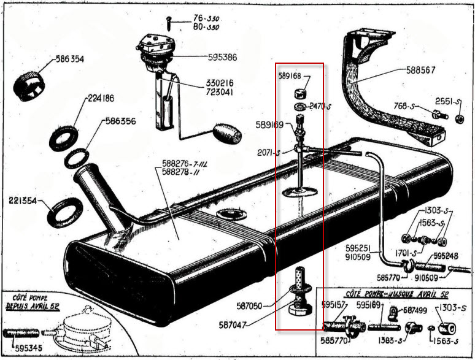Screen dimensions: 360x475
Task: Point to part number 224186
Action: pos(101,98)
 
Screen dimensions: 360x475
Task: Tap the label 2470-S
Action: pos(321,106)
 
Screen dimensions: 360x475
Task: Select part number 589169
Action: pos(269,124)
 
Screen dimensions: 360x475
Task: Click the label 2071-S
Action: pos(269,152)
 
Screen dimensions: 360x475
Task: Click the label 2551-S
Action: pos(449,101)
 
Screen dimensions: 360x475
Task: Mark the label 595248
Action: pos(447,256)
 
